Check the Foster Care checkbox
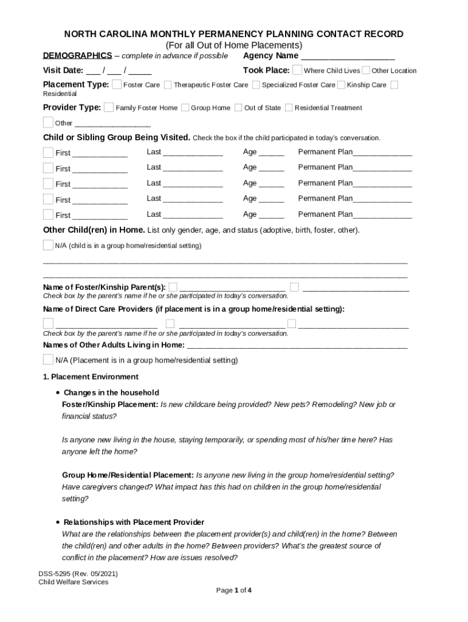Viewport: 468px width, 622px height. pos(117,84)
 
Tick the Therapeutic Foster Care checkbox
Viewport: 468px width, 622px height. pos(167,84)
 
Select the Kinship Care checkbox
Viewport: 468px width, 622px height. pos(341,84)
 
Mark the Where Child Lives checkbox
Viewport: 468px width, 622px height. pos(297,70)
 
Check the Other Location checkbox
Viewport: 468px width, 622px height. pos(366,70)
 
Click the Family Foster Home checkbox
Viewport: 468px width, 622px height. pos(109,108)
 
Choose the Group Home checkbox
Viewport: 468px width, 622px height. pos(185,108)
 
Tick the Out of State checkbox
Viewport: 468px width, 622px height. pos(238,108)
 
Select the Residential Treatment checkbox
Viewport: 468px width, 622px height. pos(289,108)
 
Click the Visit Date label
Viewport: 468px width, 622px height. pos(63,70)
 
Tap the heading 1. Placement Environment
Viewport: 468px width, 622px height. pos(91,377)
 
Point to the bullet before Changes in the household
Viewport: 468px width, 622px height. pos(57,393)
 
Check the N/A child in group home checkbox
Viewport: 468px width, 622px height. pos(48,245)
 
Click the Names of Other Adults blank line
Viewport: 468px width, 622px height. pos(297,346)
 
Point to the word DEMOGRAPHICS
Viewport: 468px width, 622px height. pos(77,56)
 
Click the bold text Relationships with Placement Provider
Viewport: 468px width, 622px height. pos(134,522)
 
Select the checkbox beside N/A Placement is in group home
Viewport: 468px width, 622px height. pos(48,360)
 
